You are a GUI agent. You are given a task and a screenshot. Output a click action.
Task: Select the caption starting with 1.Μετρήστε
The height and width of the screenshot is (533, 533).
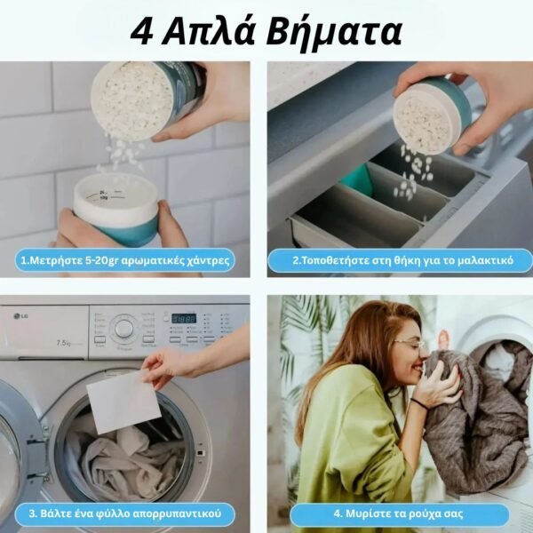point(126,260)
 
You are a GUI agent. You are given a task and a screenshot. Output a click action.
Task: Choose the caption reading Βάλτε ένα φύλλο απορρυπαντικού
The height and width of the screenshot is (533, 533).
point(126,513)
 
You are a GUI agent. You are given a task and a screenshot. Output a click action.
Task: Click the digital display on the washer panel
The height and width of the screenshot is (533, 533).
point(183,318)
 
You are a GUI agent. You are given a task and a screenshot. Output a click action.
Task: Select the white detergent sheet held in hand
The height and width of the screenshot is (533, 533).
point(123,402)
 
